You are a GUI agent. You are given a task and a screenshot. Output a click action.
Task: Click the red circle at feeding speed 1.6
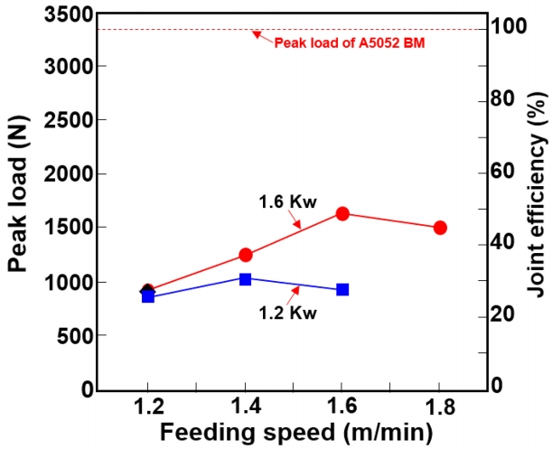pos(342,213)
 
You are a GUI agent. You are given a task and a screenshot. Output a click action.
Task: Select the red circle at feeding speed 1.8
pos(440,228)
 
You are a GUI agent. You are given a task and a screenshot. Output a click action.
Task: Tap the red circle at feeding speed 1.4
pos(245,255)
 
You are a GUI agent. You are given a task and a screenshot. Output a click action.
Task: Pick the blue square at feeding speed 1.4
pos(245,279)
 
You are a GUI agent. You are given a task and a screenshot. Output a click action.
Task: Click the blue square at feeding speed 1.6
pos(342,290)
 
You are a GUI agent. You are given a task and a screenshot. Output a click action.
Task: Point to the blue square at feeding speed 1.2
pos(148,295)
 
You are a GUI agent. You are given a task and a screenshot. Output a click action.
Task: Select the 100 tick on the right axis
pos(510,26)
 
